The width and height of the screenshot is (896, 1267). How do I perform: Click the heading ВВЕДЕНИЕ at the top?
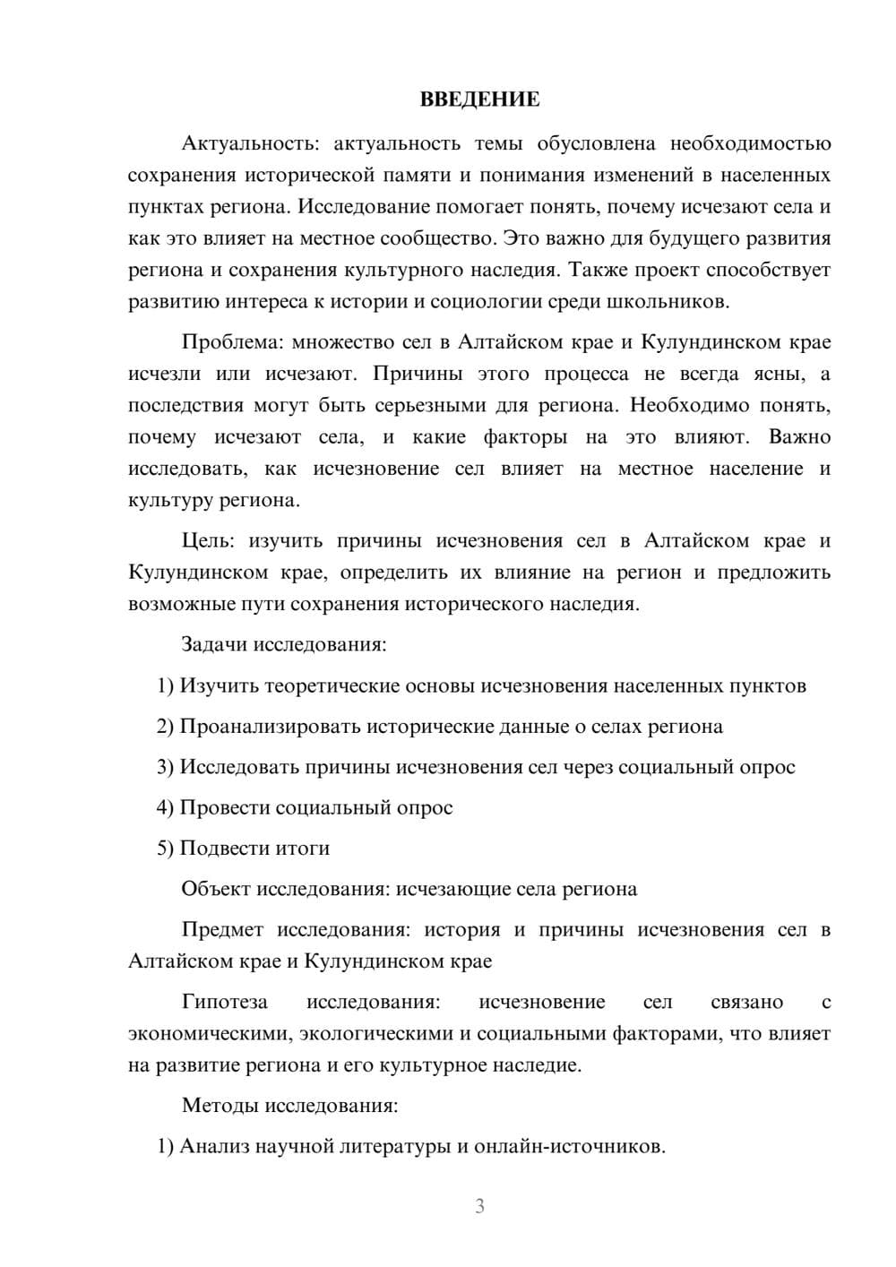click(x=479, y=99)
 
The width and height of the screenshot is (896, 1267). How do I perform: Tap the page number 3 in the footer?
click(x=479, y=1206)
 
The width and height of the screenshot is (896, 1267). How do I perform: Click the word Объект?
click(x=216, y=889)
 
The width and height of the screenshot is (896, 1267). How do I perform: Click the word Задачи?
click(x=215, y=644)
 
